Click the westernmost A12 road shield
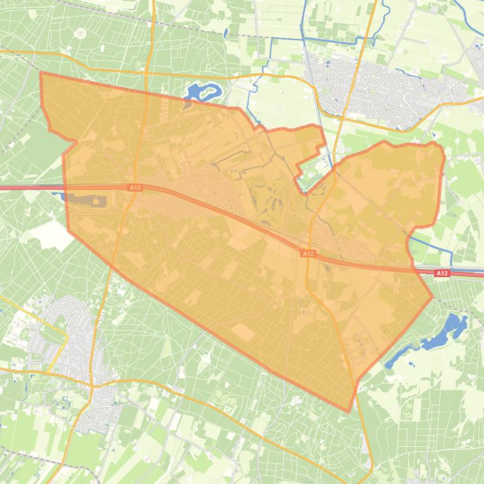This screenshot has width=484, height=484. [x=135, y=187]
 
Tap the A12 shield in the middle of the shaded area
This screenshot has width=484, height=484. [x=307, y=253]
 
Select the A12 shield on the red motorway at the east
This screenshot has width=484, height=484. [x=442, y=273]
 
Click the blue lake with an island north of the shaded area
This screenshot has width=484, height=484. [x=203, y=93]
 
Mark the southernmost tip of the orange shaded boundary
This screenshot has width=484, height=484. [x=349, y=412]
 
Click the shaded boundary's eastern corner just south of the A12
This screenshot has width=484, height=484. [x=432, y=297]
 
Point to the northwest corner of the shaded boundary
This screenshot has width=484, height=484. [x=42, y=73]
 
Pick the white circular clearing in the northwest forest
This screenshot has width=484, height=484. [x=80, y=33]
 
